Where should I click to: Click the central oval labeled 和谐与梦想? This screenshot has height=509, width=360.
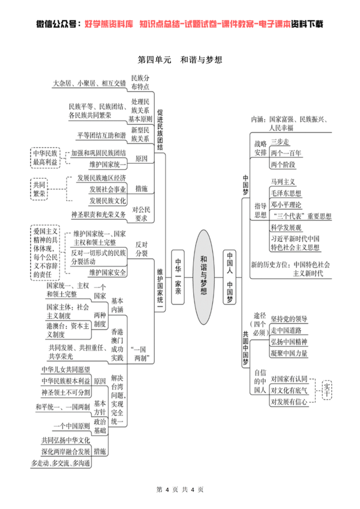[x=204, y=277]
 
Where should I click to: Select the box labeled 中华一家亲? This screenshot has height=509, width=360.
[x=178, y=277]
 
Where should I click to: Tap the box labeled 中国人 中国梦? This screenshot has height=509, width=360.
[x=230, y=277]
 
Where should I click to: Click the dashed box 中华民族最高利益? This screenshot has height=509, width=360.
[x=45, y=158]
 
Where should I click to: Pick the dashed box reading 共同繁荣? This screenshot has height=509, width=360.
[x=39, y=189]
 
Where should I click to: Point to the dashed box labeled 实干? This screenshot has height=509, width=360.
[x=327, y=390]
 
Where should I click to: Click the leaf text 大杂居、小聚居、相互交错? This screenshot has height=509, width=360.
[x=89, y=83]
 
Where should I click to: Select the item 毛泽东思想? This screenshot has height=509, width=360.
[x=286, y=193]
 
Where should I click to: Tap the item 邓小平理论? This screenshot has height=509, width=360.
[x=286, y=205]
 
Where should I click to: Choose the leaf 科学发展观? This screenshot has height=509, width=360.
[x=286, y=227]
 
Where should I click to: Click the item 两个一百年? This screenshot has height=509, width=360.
[x=286, y=153]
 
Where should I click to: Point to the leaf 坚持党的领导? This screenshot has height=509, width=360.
[x=289, y=319]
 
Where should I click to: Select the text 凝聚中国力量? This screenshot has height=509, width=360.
[x=289, y=353]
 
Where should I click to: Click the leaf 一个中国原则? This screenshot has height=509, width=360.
[x=72, y=426]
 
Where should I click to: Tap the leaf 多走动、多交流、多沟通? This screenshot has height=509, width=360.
[x=61, y=463]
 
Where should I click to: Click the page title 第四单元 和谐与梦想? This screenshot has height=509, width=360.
[x=180, y=60]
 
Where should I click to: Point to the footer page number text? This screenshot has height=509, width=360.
[x=180, y=490]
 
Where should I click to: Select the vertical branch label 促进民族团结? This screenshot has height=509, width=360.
[x=160, y=130]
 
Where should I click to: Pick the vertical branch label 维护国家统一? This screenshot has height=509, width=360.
[x=160, y=286]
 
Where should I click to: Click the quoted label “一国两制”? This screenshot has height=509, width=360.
[x=140, y=354]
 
